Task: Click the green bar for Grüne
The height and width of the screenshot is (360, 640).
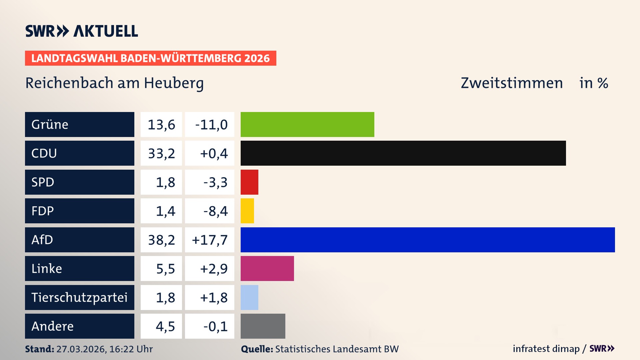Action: tap(307, 124)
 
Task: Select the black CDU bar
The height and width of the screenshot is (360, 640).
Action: tap(403, 153)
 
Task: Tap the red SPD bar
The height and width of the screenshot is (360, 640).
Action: tap(249, 182)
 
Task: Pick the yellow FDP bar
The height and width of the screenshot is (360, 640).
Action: tap(247, 211)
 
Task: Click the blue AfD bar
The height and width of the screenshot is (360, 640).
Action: tap(428, 240)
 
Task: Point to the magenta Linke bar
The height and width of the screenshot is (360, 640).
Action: tap(267, 269)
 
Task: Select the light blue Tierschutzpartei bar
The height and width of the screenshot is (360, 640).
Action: tap(249, 297)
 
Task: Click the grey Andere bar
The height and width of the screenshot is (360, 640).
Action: tap(263, 326)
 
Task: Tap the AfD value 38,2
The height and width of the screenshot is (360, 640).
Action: tap(161, 240)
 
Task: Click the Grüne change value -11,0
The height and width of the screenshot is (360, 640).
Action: tap(211, 125)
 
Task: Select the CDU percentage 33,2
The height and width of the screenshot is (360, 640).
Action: tap(161, 153)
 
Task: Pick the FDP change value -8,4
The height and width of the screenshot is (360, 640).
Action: tap(215, 211)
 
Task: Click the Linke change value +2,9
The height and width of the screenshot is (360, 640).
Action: tap(214, 269)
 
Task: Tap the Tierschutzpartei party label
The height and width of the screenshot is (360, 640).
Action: tap(79, 297)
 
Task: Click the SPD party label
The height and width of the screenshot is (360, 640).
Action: tap(43, 182)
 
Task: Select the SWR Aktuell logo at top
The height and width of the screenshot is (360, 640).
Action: tap(82, 31)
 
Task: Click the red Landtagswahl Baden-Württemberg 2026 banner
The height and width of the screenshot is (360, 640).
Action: tap(150, 58)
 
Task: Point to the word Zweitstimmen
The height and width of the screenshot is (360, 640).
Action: tap(512, 83)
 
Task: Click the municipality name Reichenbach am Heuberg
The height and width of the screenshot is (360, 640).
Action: tap(114, 83)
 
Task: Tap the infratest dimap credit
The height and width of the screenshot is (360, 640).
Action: tap(546, 349)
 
